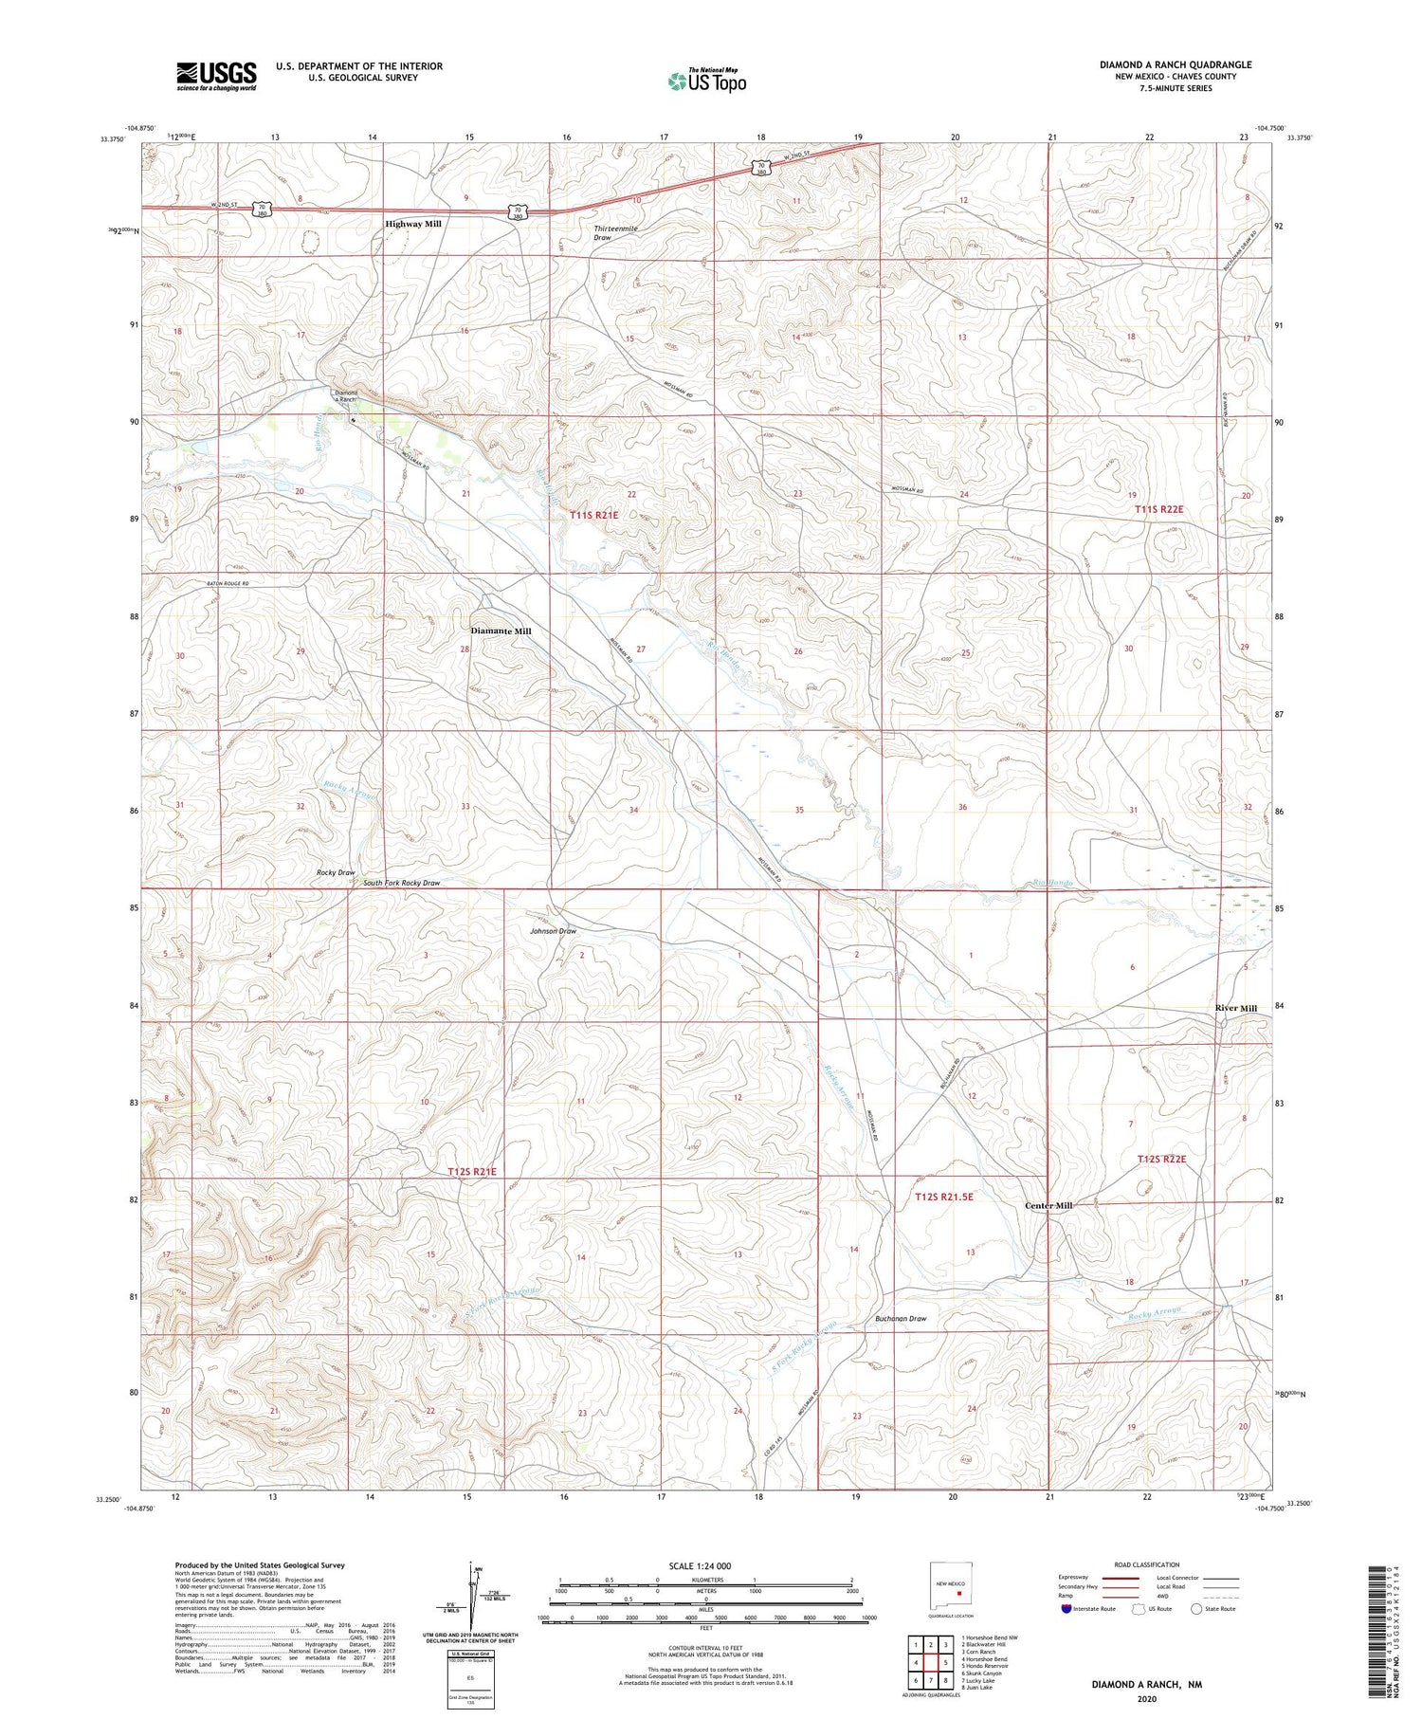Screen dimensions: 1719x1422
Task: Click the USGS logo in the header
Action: [216, 76]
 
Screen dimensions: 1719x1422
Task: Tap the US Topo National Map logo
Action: [707, 81]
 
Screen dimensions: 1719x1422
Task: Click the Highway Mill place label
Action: [412, 224]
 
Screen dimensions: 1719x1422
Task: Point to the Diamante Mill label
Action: [501, 631]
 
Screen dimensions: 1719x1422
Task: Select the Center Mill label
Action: [1048, 1205]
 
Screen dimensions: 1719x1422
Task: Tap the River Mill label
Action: [1236, 1008]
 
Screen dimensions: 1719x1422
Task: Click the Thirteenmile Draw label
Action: [616, 233]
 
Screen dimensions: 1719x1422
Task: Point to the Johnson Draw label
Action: [553, 931]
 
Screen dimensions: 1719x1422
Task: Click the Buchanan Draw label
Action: [900, 1318]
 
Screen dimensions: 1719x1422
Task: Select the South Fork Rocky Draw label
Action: [402, 883]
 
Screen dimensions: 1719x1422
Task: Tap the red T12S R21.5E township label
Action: [944, 1197]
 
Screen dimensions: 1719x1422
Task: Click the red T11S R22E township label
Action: [1159, 510]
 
